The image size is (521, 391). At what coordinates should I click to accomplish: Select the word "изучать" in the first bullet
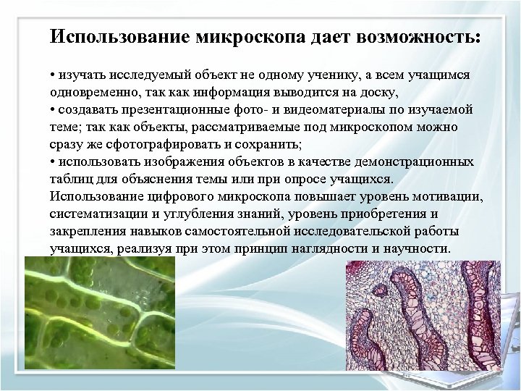[81, 76]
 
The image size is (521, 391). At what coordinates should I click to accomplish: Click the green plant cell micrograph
[100, 314]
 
